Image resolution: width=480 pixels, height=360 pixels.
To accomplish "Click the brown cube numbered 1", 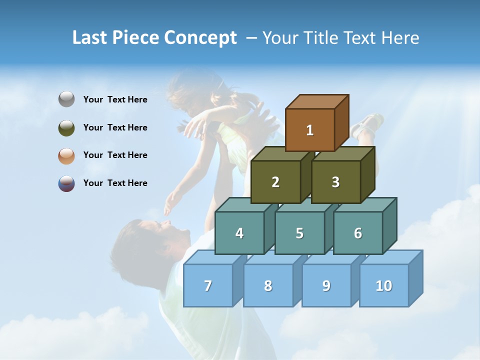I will (x=310, y=130).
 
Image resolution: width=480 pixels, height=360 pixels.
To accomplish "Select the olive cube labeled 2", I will (x=275, y=182).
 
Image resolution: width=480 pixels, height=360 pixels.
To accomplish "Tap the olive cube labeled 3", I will (x=335, y=182).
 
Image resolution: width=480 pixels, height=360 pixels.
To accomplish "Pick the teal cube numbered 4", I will (x=239, y=233).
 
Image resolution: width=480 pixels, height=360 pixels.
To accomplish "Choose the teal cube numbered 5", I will (x=299, y=233).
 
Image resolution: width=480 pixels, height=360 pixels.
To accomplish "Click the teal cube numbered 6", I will (x=358, y=233).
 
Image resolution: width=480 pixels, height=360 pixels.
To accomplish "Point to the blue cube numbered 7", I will (x=208, y=285).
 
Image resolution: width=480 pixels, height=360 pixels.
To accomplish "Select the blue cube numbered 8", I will (x=268, y=285).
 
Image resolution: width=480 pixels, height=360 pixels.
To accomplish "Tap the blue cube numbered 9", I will (x=326, y=285).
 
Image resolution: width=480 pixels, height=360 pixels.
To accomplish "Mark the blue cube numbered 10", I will (x=384, y=285).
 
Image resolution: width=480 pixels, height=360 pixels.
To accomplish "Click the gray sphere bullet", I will (x=66, y=99).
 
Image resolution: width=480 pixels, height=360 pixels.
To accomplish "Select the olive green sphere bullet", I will (x=66, y=127).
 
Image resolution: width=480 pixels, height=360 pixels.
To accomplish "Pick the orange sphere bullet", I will (x=66, y=155).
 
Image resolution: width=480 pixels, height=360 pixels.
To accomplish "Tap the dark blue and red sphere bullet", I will (x=66, y=183).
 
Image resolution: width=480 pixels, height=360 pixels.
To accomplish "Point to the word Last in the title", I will (x=90, y=38).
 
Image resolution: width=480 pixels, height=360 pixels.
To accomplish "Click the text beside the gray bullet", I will (x=115, y=99).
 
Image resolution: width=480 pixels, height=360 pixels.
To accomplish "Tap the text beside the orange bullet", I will (x=115, y=155).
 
